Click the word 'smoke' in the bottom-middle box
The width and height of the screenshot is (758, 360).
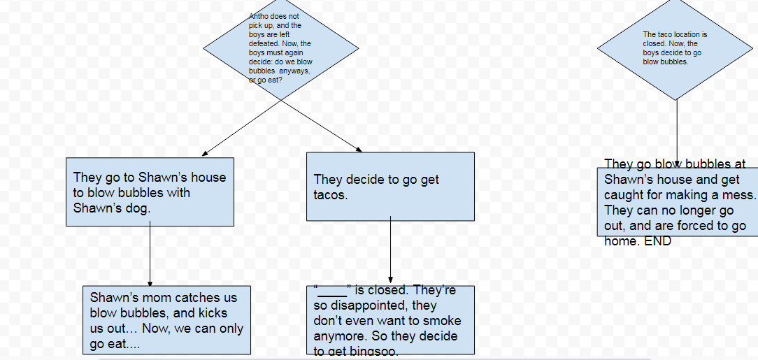(x=443, y=321)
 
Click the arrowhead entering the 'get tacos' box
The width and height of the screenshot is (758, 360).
(x=359, y=150)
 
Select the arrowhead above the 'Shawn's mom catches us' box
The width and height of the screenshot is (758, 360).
(x=150, y=283)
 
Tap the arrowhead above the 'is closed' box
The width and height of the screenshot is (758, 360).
(x=390, y=280)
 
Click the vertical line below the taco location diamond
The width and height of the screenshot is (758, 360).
(x=677, y=131)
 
